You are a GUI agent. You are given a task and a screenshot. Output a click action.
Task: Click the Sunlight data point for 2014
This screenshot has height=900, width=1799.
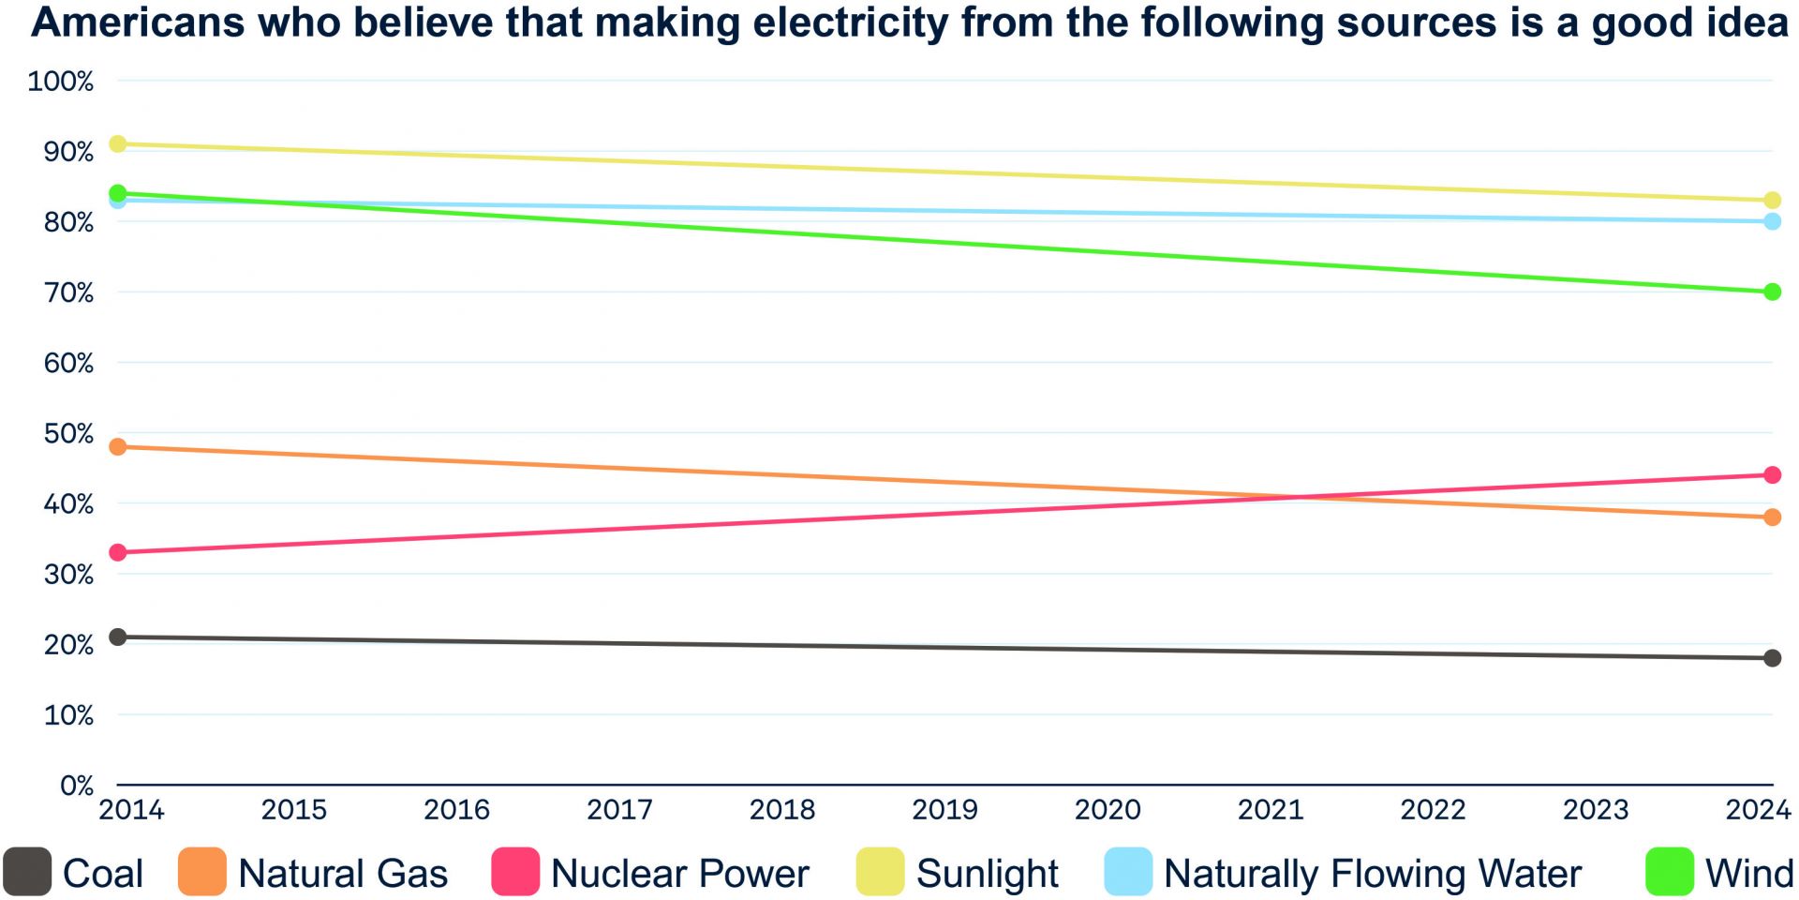click(118, 143)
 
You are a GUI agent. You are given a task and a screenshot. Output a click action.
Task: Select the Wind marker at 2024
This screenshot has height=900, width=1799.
click(1772, 292)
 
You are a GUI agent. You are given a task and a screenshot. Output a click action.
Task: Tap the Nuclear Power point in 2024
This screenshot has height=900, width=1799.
click(1772, 475)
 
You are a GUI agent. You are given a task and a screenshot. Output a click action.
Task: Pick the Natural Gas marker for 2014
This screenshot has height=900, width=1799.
click(118, 447)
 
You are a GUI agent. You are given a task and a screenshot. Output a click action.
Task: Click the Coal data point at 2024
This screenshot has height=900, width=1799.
click(1772, 658)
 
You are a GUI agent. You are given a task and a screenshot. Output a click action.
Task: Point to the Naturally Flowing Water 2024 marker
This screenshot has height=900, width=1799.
click(1772, 221)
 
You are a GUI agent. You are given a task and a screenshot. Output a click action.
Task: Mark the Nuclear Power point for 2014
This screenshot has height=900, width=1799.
click(118, 552)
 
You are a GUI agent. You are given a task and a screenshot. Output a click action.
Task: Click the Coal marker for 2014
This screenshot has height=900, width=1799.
click(118, 637)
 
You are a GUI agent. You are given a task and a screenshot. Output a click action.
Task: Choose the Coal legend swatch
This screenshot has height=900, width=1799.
click(27, 872)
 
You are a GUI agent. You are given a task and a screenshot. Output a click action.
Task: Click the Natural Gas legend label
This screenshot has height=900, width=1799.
click(343, 874)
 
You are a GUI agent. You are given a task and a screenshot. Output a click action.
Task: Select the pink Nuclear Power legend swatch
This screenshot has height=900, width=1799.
click(515, 872)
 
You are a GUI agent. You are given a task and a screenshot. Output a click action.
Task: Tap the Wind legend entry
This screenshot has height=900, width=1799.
click(1748, 874)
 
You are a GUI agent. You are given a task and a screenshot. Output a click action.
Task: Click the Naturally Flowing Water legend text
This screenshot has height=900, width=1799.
click(1373, 874)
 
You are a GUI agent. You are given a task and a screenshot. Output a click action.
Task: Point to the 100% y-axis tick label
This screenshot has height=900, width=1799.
click(61, 82)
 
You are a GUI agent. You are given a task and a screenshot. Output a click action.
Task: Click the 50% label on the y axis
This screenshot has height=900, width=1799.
click(68, 434)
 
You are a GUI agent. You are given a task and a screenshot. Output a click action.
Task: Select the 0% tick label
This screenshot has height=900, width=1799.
click(77, 786)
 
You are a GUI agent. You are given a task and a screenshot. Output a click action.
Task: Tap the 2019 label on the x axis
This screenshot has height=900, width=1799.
click(944, 810)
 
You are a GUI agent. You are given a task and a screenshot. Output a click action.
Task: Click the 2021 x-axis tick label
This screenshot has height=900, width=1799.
click(1270, 810)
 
